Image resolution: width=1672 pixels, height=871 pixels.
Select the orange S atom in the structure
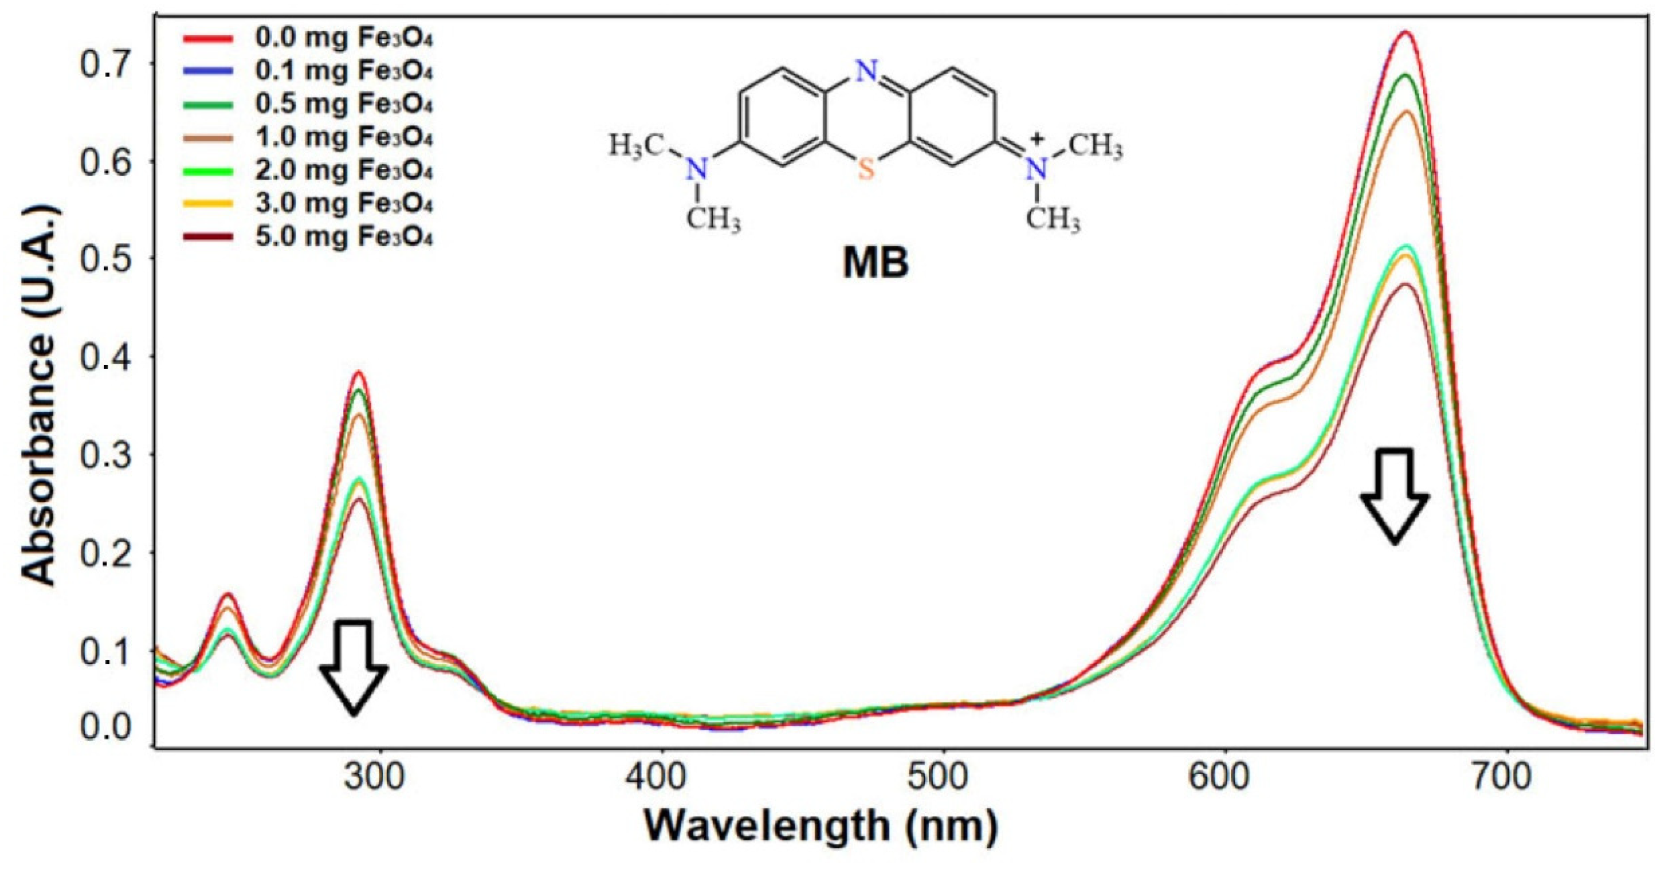(x=866, y=171)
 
